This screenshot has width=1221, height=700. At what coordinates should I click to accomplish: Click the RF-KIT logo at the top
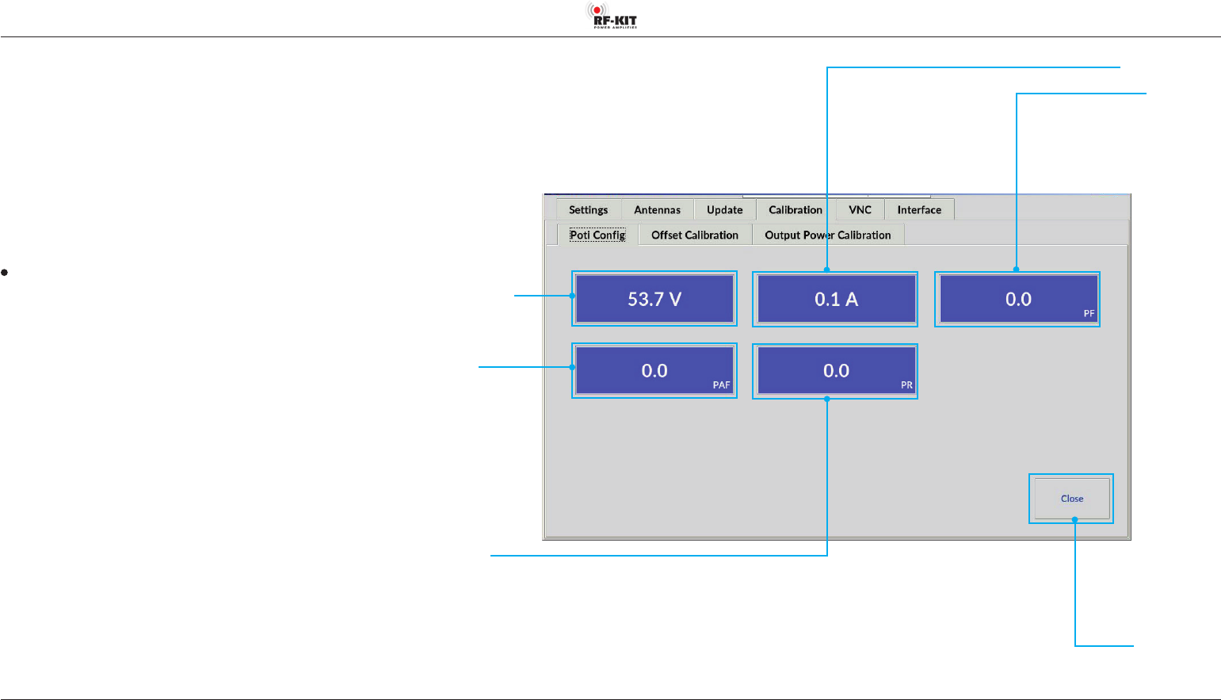(612, 16)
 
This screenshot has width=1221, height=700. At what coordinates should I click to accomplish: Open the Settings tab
(588, 210)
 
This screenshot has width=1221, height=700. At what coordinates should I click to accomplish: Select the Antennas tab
(657, 210)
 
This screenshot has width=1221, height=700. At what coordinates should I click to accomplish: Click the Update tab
(724, 210)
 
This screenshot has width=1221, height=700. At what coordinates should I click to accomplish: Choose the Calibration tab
(796, 210)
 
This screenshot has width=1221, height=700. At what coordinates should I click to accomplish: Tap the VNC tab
(860, 210)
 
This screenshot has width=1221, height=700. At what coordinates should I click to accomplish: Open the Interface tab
(919, 210)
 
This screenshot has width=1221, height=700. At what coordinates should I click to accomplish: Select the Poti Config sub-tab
(597, 235)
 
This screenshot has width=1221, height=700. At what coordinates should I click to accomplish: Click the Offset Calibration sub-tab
(694, 235)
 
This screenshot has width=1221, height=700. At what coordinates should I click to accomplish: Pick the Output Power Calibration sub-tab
(827, 235)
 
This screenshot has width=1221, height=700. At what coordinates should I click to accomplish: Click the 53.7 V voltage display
(654, 299)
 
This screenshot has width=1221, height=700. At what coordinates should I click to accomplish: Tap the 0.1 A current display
(836, 299)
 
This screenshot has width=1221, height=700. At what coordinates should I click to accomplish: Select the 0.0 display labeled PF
(1017, 299)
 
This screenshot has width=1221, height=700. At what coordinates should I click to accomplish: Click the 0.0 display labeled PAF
(654, 371)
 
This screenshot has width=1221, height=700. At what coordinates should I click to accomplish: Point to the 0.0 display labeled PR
(836, 371)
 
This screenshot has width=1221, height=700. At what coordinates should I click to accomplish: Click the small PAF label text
(721, 385)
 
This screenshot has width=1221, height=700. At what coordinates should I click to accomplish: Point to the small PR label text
(906, 385)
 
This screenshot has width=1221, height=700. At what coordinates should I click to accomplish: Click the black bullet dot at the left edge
(5, 273)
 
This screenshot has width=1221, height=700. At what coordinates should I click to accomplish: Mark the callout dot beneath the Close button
(1074, 519)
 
